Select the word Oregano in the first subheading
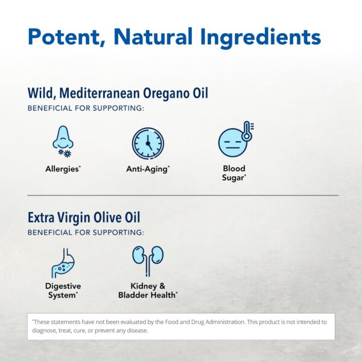click(165, 94)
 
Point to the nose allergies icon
click(63, 142)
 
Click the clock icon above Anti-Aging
click(148, 144)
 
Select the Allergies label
click(63, 169)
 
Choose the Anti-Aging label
click(148, 169)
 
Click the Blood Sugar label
click(234, 173)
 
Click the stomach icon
click(63, 263)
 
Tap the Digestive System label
click(63, 290)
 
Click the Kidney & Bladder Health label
click(148, 290)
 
